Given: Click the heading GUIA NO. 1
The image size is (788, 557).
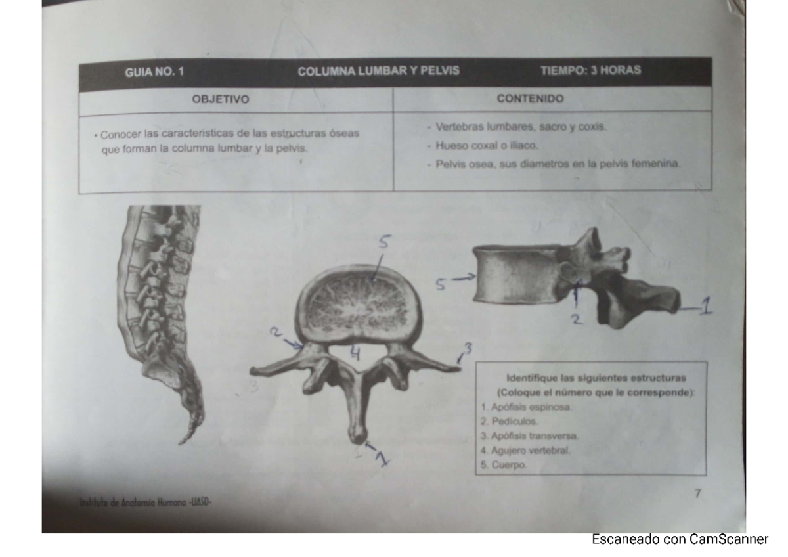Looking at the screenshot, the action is click(154, 72).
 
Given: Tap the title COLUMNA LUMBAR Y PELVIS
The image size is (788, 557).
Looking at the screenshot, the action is click(378, 71).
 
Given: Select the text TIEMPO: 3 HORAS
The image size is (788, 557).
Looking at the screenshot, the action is click(591, 70).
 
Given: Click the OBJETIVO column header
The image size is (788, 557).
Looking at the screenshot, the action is click(221, 99).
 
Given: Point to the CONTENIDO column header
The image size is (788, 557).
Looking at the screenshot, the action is click(530, 99).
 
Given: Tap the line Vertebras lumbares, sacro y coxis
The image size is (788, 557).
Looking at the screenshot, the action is click(517, 127).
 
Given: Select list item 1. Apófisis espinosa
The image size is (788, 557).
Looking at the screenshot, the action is click(526, 407).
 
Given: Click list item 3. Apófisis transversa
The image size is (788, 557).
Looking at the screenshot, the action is click(529, 436).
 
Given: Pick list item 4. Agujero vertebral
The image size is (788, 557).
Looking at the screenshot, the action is click(525, 451).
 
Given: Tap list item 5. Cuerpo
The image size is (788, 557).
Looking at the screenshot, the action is click(504, 465).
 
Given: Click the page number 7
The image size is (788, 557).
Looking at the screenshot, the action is click(698, 493).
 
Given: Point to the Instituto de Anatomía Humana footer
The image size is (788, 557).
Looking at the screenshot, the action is click(145, 502).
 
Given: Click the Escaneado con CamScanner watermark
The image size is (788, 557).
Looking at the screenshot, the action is click(680, 539).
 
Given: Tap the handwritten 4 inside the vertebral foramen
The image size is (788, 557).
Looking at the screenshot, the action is click(355, 353).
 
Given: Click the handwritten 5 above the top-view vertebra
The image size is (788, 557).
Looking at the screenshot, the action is click(385, 242).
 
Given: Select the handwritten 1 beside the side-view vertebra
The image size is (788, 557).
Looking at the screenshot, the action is click(707, 305).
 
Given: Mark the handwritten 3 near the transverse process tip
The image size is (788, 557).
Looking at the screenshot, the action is click(468, 348).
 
